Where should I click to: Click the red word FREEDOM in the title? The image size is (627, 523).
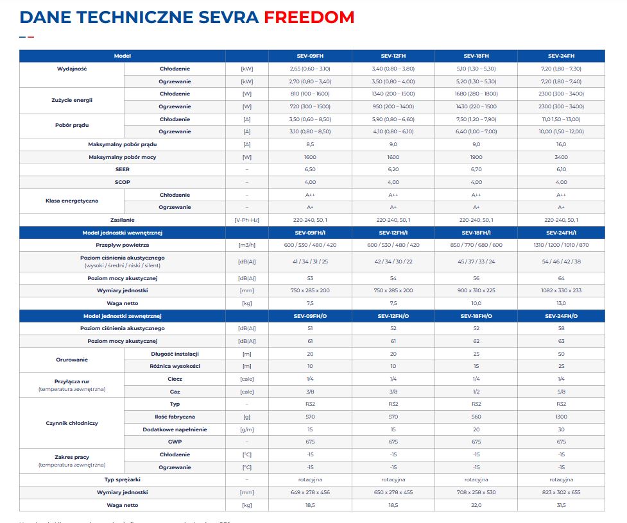click(309, 17)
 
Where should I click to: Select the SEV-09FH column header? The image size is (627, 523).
click(310, 56)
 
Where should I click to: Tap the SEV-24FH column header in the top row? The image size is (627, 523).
click(561, 56)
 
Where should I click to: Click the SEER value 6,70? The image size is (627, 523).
click(476, 169)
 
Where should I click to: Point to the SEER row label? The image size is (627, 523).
click(122, 169)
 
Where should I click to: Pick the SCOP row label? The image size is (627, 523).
click(122, 182)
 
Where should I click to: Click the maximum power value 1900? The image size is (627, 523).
click(476, 157)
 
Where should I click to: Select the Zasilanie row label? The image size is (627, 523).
click(122, 220)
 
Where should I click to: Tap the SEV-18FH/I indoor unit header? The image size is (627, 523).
click(476, 233)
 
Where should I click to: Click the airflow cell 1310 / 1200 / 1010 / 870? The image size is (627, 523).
click(561, 245)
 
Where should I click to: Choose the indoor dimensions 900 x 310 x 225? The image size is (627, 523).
click(476, 290)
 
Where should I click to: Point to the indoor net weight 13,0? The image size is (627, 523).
click(561, 303)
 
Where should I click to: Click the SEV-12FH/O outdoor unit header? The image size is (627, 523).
click(393, 316)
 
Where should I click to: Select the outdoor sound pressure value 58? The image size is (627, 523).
click(561, 328)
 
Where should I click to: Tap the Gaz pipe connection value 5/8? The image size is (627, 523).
click(561, 391)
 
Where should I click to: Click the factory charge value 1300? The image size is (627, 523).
click(561, 417)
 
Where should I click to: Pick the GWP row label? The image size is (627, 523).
click(175, 442)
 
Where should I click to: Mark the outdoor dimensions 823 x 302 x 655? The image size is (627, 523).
click(561, 492)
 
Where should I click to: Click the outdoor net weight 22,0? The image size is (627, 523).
click(476, 505)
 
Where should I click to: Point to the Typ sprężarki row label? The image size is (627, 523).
click(122, 479)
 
